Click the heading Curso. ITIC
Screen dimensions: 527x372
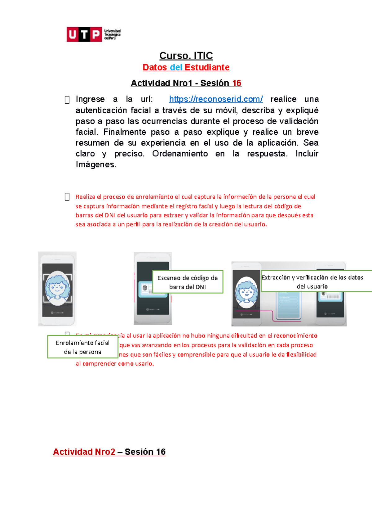(x=186, y=56)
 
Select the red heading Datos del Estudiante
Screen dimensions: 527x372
(x=186, y=67)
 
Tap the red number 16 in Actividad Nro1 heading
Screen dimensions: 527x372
(x=237, y=83)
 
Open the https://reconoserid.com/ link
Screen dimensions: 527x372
(x=216, y=99)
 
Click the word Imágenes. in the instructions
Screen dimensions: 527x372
(x=96, y=164)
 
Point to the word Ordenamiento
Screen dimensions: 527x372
(x=180, y=154)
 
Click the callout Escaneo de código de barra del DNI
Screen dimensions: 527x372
(x=188, y=282)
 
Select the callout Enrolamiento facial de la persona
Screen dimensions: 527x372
(x=82, y=347)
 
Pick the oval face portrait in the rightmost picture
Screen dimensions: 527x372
(x=246, y=292)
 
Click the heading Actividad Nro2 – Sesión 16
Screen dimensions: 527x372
(x=109, y=452)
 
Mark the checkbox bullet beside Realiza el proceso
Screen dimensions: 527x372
(x=67, y=197)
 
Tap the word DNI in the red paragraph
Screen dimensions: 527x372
(x=110, y=215)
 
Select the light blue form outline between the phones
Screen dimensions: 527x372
(x=288, y=306)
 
